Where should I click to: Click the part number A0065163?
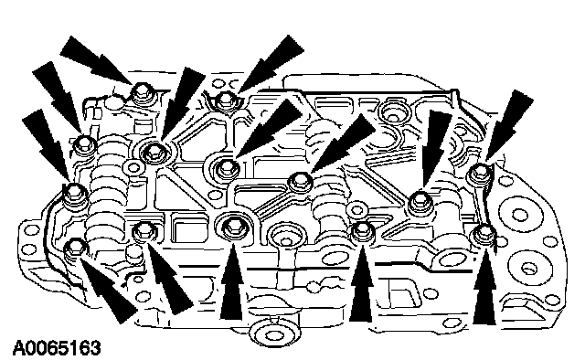(57, 348)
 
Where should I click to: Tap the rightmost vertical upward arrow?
(484, 286)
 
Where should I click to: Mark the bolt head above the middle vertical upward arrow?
(362, 230)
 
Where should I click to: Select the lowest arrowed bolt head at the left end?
(76, 248)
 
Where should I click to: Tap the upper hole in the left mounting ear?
(29, 228)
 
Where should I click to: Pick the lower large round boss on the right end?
(528, 267)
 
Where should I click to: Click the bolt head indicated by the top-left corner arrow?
(143, 91)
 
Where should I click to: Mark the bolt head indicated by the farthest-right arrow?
(479, 172)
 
